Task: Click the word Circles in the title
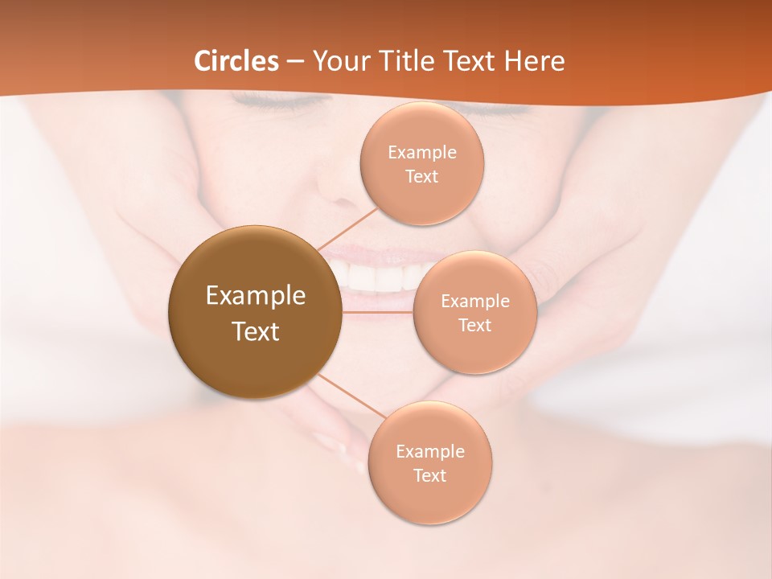pyautogui.click(x=236, y=61)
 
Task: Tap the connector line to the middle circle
pyautogui.click(x=377, y=311)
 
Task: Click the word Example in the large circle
pyautogui.click(x=256, y=296)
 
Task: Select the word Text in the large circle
pyautogui.click(x=256, y=331)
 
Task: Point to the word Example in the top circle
pyautogui.click(x=421, y=153)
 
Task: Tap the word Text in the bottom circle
pyautogui.click(x=429, y=476)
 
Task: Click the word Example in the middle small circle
pyautogui.click(x=474, y=302)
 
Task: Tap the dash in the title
pyautogui.click(x=295, y=61)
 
